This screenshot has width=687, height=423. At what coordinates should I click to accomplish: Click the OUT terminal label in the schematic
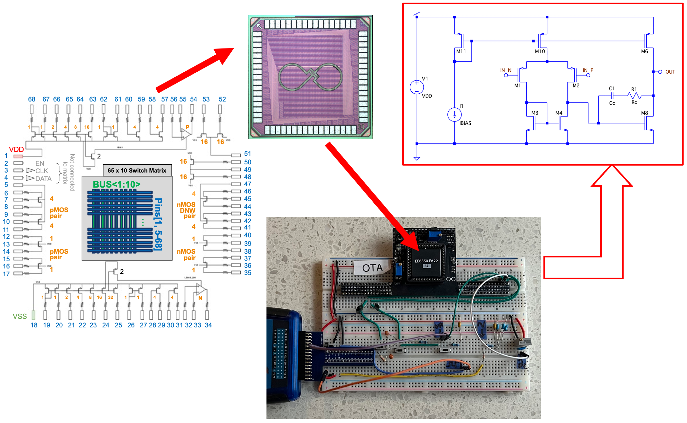pos(670,72)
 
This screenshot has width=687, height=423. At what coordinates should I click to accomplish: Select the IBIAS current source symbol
pos(454,115)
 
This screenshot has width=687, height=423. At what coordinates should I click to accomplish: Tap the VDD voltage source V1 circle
pos(417,87)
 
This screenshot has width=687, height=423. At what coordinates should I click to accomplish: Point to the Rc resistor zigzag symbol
pos(634,96)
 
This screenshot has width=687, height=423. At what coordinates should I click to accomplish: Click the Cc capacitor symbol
pos(612,96)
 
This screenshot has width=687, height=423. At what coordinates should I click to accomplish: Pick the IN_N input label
pos(505,70)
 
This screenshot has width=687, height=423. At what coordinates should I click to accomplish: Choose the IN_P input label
pos(588,70)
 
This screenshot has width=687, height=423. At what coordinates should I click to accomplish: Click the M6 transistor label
pos(644,51)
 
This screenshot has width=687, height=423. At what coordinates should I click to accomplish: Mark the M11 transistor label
pos(461,51)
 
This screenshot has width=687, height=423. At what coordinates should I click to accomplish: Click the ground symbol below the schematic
pos(417,158)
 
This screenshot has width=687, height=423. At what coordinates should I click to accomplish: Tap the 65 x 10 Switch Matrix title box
pos(137,171)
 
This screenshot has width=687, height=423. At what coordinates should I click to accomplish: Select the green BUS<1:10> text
pos(116,184)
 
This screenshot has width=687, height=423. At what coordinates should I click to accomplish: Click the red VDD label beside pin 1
pos(16,149)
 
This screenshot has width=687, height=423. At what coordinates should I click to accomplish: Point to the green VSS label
pos(20,316)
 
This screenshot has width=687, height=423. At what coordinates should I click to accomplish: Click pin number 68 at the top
pos(31,99)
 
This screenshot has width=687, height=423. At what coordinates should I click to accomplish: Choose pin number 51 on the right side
pos(247,154)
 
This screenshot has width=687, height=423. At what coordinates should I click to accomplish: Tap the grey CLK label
pos(42,171)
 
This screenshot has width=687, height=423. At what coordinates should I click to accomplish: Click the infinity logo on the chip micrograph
pos(310,77)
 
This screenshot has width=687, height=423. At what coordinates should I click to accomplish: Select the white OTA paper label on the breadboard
pos(372,268)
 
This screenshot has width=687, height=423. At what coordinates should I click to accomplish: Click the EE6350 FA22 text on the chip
pos(426,261)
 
